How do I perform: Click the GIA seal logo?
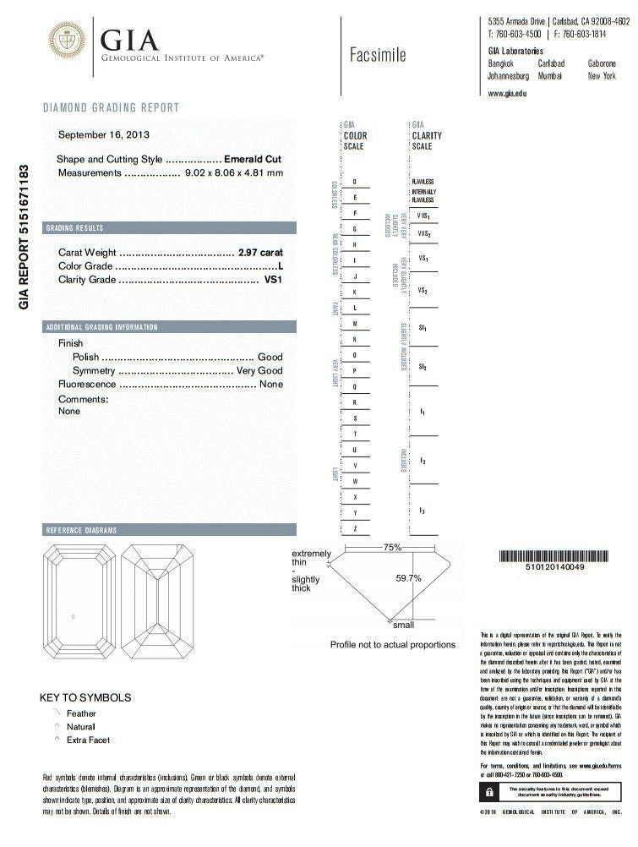(x=68, y=40)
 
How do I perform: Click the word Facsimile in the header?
(x=378, y=55)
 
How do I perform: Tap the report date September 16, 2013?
(x=106, y=135)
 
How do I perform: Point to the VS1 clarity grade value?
(x=272, y=278)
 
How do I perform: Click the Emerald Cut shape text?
(x=253, y=159)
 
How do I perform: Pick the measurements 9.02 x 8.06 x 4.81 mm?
(x=233, y=172)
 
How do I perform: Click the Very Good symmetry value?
(x=259, y=371)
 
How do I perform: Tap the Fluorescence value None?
(x=270, y=384)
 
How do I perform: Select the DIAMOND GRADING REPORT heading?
(x=111, y=107)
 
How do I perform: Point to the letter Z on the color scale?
(x=355, y=528)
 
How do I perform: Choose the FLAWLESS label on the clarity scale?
(x=423, y=182)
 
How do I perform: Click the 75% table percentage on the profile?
(x=392, y=548)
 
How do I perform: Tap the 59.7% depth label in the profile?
(x=408, y=579)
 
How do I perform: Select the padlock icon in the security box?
(x=489, y=792)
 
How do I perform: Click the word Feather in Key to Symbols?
(x=81, y=713)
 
